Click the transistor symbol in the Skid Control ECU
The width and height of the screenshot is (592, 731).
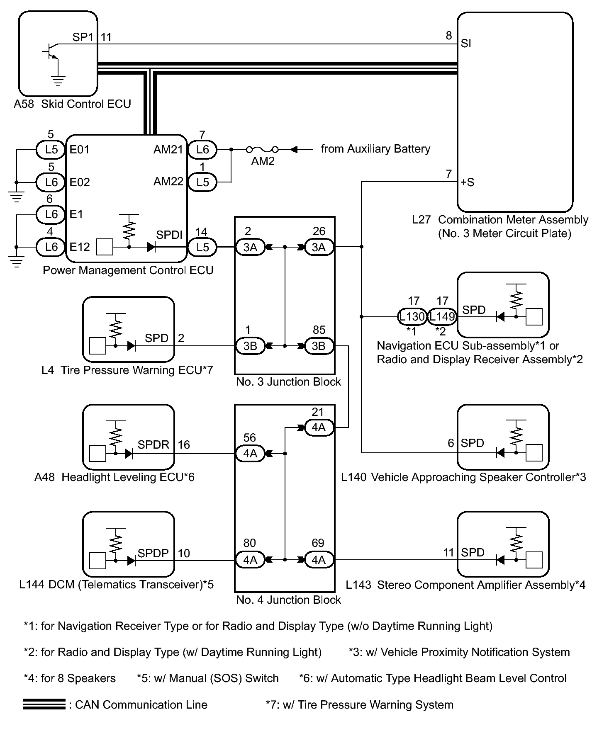click(51, 52)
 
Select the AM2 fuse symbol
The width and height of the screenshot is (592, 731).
click(262, 149)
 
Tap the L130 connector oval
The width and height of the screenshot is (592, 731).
click(412, 317)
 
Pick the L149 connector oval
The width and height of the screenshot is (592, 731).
click(442, 317)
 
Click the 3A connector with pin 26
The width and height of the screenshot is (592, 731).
click(319, 247)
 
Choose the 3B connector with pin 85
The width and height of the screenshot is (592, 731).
click(319, 346)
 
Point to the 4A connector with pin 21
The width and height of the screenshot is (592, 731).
click(319, 427)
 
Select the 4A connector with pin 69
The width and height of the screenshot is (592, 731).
click(319, 560)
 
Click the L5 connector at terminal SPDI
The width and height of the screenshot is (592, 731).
click(202, 247)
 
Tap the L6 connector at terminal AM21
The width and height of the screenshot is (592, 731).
click(202, 149)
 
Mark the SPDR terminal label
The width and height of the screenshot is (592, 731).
click(153, 445)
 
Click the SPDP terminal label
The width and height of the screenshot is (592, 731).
click(153, 553)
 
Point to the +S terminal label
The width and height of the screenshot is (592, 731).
click(468, 182)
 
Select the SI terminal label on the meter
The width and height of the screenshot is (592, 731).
click(466, 44)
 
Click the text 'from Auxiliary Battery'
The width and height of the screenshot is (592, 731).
click(375, 149)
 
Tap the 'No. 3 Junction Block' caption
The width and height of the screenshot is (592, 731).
click(288, 382)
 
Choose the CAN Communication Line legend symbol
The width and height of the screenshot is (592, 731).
click(44, 704)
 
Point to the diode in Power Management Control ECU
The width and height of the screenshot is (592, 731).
click(151, 247)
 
